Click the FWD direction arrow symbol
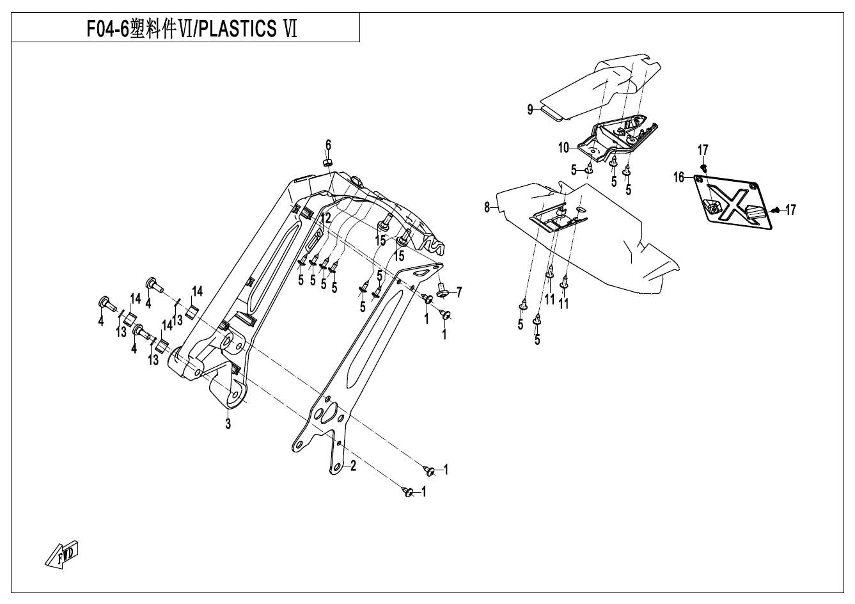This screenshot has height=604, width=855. coord(63,553)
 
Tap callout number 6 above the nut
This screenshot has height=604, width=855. coord(328,145)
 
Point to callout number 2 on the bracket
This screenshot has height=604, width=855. coord(352,466)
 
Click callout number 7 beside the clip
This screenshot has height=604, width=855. coord(459,292)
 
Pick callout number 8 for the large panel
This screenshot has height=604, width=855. coord(487,207)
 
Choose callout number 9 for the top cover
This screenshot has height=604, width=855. coord(530,109)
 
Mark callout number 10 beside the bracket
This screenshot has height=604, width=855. coord(563,148)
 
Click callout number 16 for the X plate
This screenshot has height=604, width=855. coord(679,177)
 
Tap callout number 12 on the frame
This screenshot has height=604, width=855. coord(326,218)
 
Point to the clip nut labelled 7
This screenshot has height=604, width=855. coord(442,292)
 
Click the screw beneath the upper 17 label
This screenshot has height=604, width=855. coord(703,166)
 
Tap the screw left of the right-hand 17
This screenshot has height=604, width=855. coord(774,209)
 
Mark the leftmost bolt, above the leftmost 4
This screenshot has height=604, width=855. coord(104,302)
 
